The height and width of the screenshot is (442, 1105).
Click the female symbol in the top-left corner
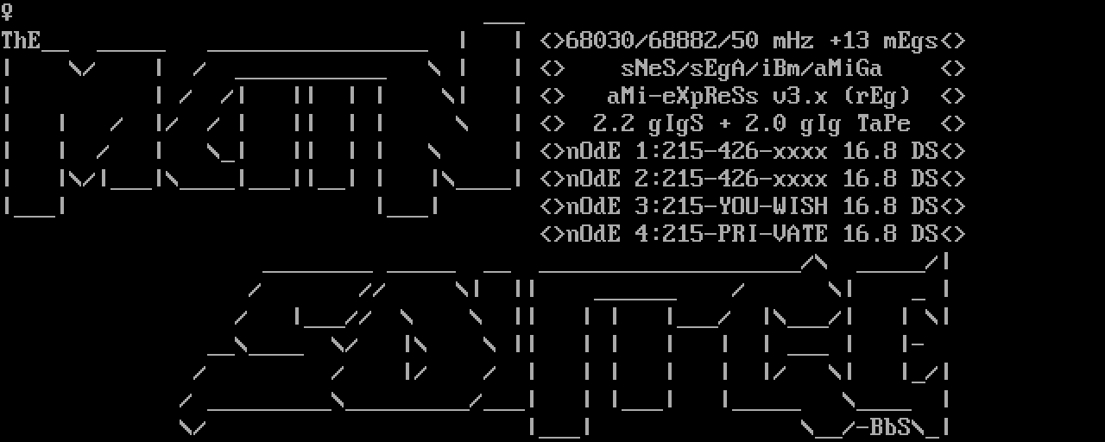click(x=7, y=13)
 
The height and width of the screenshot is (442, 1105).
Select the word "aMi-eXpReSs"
click(x=683, y=96)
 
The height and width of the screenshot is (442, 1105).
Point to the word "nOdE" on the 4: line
click(x=594, y=234)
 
